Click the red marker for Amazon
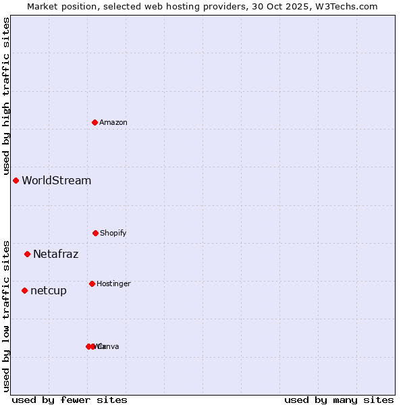click(94, 122)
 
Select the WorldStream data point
click(16, 180)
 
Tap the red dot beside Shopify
click(95, 233)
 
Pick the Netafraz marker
click(27, 254)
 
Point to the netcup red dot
click(24, 290)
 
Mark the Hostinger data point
click(92, 283)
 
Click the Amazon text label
click(113, 122)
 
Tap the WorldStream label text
click(57, 180)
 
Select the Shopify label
click(113, 233)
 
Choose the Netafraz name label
click(56, 254)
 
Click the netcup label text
click(49, 290)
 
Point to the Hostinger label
click(113, 283)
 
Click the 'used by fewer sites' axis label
click(70, 400)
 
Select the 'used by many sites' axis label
click(339, 400)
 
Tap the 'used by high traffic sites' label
click(6, 97)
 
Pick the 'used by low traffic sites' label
click(6, 315)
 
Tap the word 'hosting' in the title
click(186, 6)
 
